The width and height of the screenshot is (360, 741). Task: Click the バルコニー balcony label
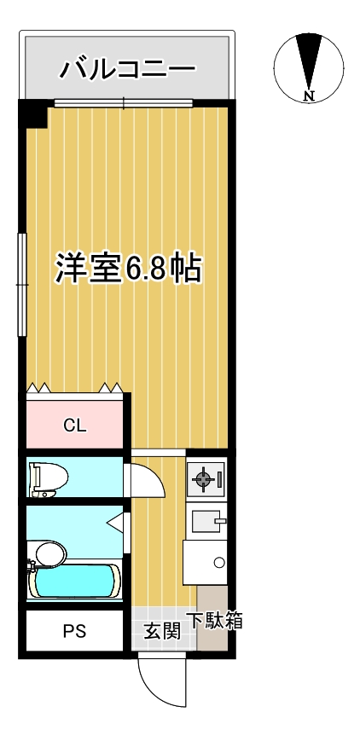coord(127,68)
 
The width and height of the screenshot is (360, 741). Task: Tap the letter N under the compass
coord(309,96)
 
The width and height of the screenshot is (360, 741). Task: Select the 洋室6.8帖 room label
coord(128,269)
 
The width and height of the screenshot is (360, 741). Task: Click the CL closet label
coord(75,426)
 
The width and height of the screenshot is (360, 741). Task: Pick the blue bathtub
coord(73,582)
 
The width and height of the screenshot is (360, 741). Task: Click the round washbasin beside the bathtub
coord(49,554)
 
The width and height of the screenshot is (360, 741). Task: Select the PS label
coord(74,633)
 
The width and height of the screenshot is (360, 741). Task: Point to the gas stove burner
coord(206,480)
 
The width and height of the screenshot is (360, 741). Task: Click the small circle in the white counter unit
coord(219,562)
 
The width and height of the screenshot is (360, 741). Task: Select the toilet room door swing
coord(143,480)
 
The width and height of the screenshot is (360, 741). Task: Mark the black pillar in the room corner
coord(34,114)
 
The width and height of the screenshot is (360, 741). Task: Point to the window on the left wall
coord(21,281)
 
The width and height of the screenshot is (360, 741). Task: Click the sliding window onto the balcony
coord(124,104)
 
